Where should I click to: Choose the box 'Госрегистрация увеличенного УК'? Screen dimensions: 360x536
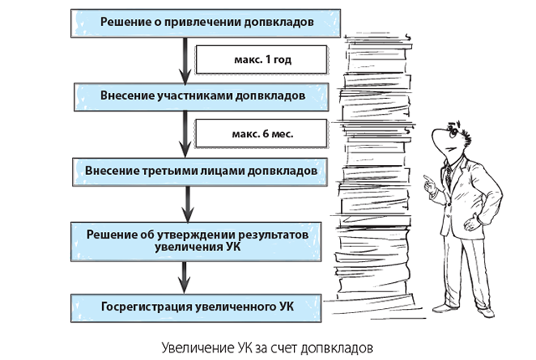click(x=196, y=306)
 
